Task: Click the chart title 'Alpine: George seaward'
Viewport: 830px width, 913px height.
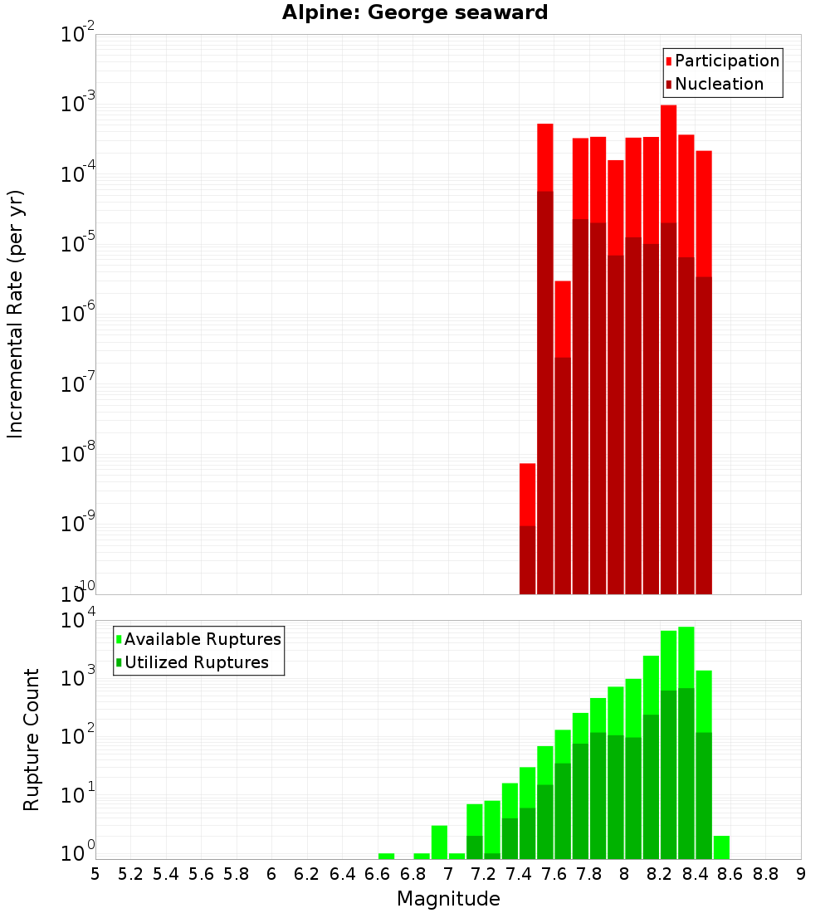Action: (x=415, y=12)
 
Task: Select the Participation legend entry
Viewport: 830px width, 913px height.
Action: (x=722, y=61)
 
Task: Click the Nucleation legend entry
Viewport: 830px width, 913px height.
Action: (x=715, y=84)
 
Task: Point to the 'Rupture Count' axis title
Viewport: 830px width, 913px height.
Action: (x=32, y=739)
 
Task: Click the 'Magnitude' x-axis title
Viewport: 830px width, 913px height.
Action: (x=448, y=898)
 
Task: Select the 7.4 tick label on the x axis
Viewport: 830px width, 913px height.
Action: (x=519, y=874)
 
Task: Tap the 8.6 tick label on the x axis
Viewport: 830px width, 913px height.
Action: (x=730, y=874)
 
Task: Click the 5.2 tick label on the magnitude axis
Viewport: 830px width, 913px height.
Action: (x=131, y=874)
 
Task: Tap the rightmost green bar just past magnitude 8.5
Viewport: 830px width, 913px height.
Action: (x=721, y=847)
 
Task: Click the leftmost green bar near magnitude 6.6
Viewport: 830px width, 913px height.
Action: (x=387, y=856)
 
